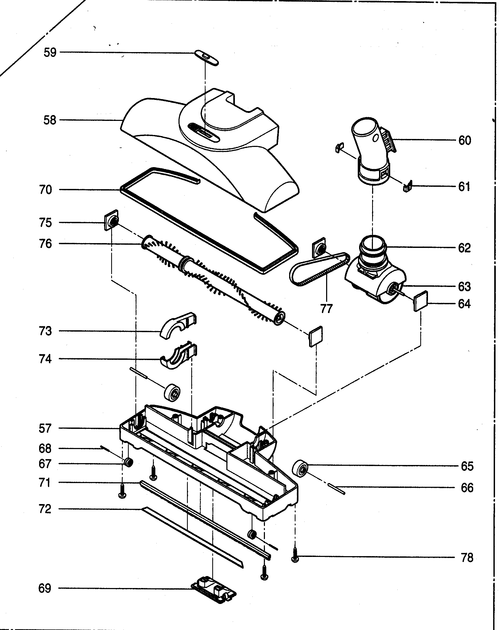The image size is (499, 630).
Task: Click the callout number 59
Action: (x=50, y=53)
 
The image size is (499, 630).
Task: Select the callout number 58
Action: (x=50, y=120)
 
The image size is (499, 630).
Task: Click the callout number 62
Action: (x=464, y=248)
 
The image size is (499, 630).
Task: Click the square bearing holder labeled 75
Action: (x=111, y=220)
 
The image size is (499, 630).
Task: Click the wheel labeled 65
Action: (x=300, y=470)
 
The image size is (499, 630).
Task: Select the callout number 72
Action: (x=45, y=509)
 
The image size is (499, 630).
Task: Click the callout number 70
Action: (x=45, y=190)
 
